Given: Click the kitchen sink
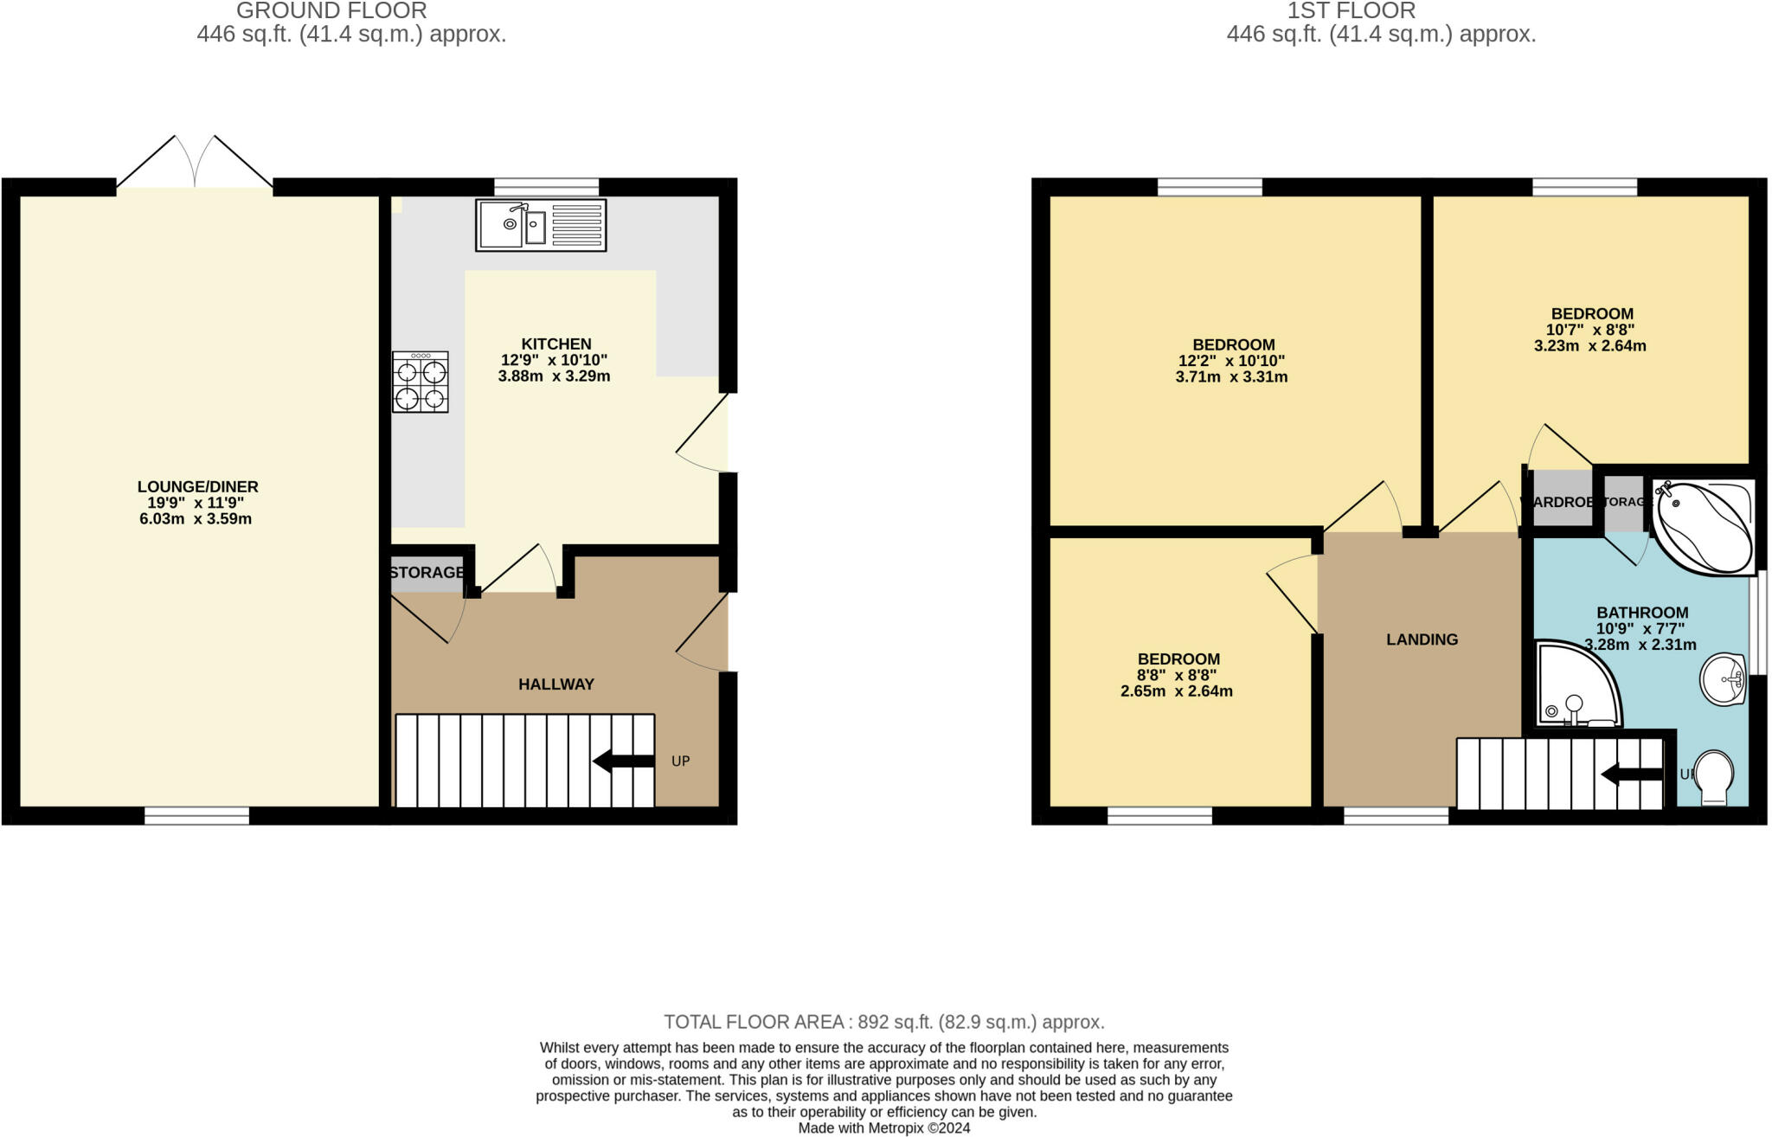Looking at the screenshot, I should [541, 225].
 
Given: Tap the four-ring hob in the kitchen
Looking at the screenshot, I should [421, 382].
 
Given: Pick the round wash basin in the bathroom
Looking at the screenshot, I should [1724, 679].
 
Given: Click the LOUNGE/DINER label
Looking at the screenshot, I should [197, 487].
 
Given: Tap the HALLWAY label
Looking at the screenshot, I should [556, 684].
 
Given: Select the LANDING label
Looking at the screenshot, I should [1422, 639].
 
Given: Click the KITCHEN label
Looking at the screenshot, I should [556, 344].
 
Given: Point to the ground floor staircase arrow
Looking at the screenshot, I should [624, 761].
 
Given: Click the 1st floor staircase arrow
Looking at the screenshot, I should [1632, 775].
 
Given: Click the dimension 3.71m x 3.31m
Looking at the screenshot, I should [1231, 377].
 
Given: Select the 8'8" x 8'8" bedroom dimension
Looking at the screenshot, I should [1177, 675].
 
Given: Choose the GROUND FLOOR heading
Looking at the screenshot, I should [331, 11].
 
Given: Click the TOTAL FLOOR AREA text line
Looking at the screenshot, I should [884, 1022].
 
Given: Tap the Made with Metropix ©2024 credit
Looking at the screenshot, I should [884, 1128].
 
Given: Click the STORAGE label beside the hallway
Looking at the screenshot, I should [427, 573].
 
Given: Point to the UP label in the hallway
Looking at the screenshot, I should [681, 761].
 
